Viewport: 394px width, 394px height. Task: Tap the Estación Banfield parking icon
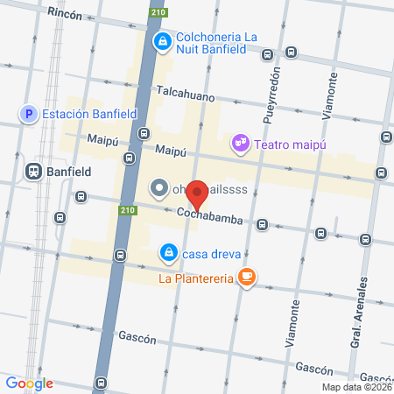point(28,113)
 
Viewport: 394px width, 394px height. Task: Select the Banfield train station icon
point(34,172)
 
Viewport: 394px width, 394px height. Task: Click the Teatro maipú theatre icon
point(238,142)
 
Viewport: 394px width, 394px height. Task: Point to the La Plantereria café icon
point(248,278)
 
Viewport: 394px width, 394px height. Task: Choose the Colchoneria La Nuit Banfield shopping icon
point(162,41)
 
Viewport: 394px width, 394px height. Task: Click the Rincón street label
point(66,14)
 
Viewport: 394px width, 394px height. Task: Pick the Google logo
point(29,383)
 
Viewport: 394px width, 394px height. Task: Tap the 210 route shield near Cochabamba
point(127,210)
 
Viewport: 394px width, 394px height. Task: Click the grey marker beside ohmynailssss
point(159,187)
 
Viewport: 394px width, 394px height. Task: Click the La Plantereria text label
point(195,279)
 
